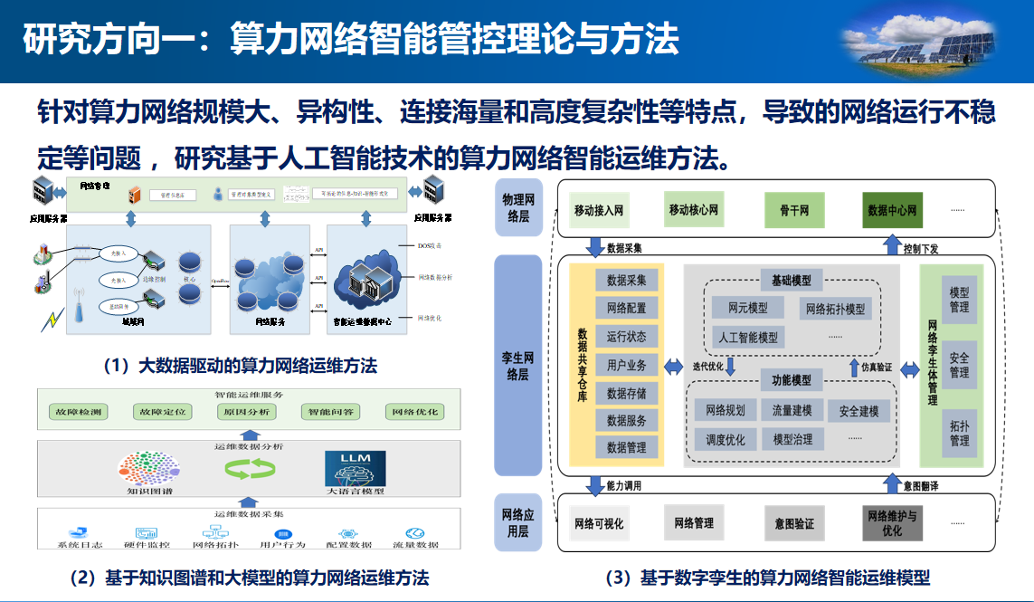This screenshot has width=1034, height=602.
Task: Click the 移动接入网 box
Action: [x=599, y=211]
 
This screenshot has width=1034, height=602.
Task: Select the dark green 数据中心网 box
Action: [x=893, y=211]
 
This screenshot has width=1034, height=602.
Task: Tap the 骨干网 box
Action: [x=794, y=211]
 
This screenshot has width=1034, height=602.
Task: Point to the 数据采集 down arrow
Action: [x=594, y=246]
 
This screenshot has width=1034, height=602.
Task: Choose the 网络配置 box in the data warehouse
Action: [x=626, y=308]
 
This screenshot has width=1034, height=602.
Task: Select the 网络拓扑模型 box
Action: [x=834, y=309]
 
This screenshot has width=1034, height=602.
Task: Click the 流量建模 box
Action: [x=792, y=411]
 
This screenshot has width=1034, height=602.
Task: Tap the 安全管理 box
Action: [x=959, y=366]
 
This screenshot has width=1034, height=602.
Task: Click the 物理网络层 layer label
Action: [x=518, y=208]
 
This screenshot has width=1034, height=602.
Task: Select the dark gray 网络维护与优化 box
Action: [x=892, y=522]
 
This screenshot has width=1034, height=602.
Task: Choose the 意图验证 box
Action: [x=794, y=523]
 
